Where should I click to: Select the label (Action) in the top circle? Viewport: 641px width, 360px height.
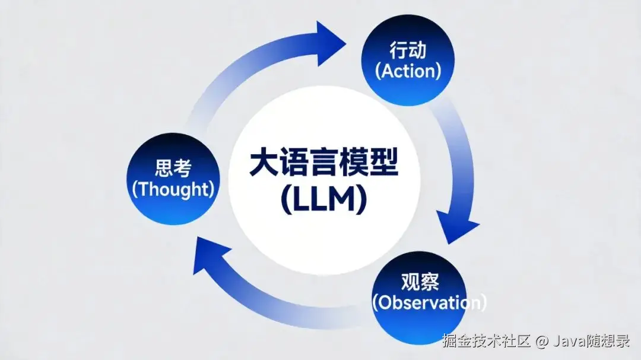(408, 71)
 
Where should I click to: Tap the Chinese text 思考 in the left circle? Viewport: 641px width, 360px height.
(172, 168)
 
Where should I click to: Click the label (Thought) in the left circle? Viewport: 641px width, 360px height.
(173, 190)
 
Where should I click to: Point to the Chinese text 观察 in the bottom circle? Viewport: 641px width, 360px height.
(420, 281)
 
